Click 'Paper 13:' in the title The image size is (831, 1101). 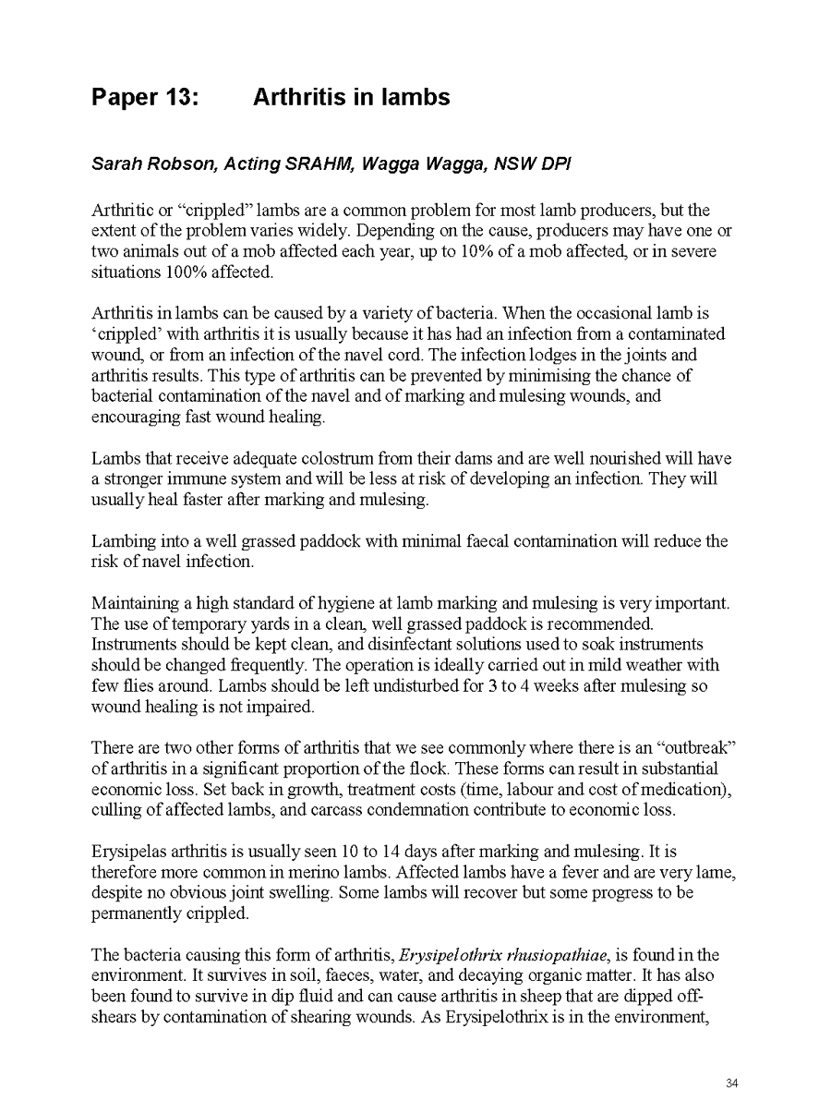145,97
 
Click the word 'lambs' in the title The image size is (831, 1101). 416,97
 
